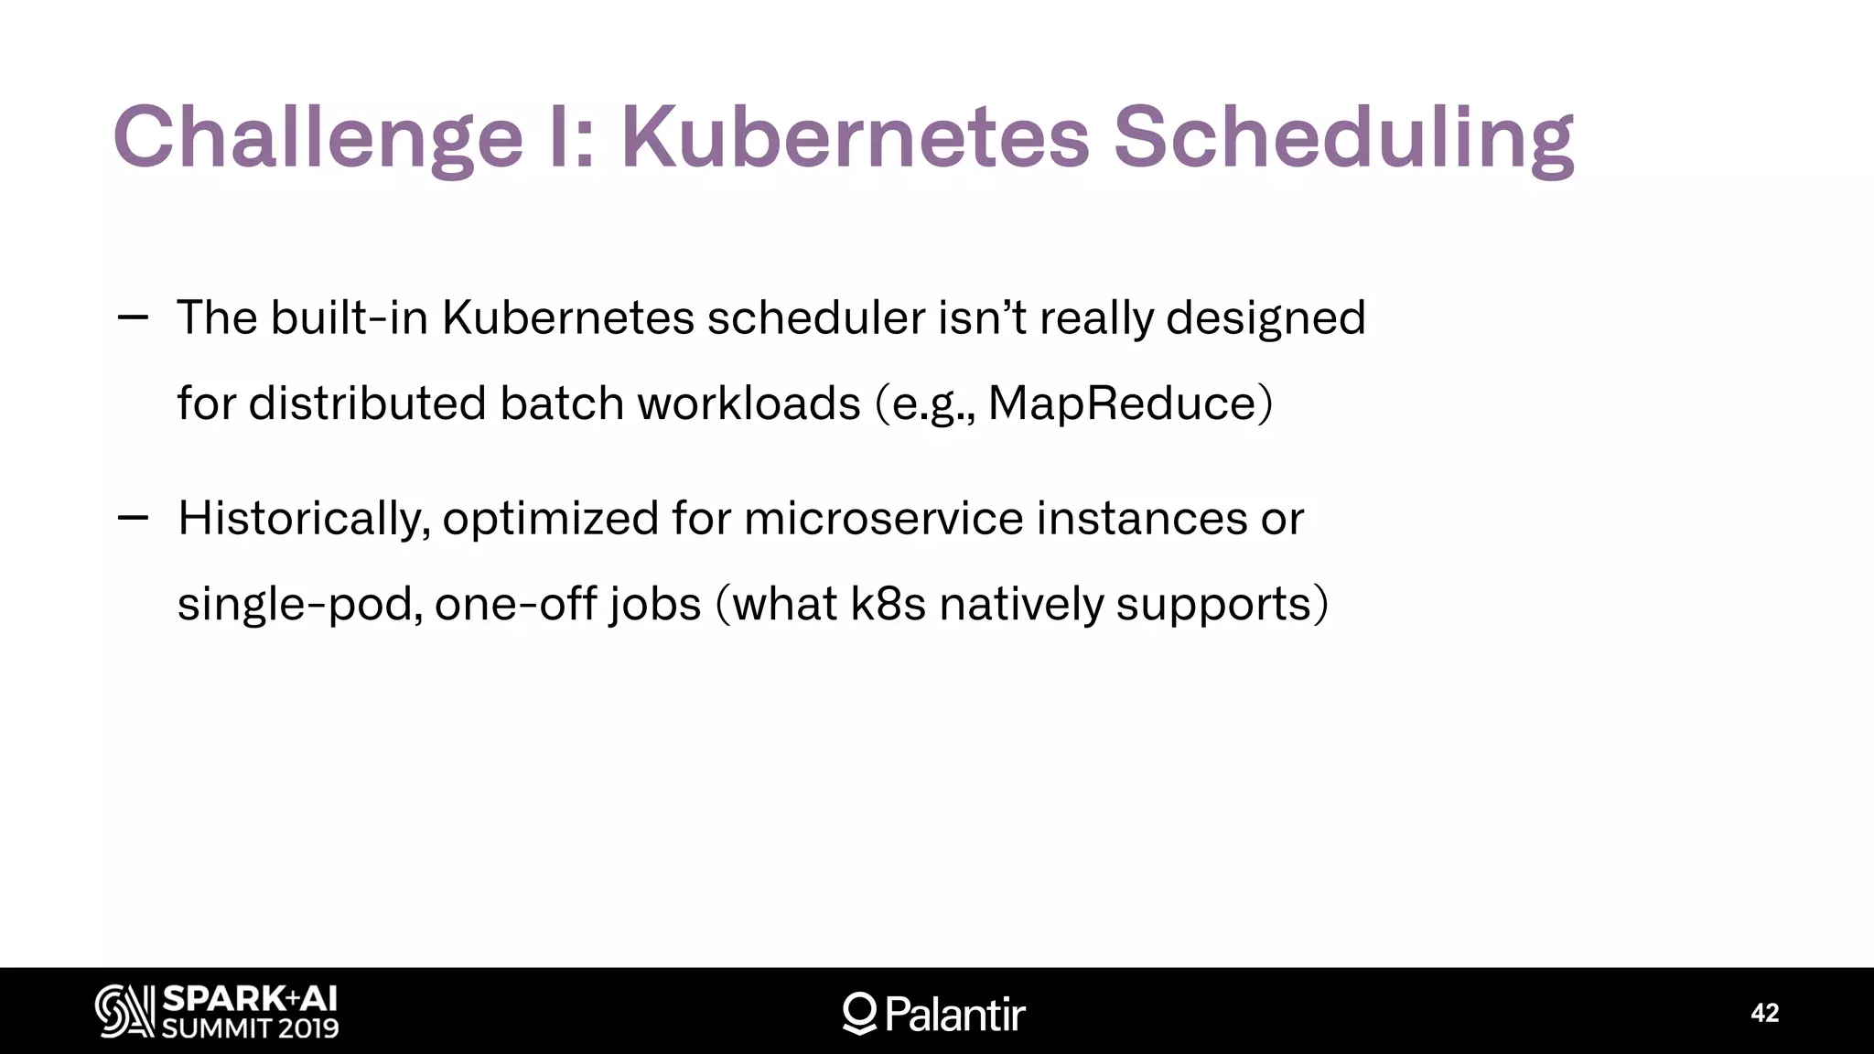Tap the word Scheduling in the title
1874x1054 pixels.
pyautogui.click(x=1342, y=139)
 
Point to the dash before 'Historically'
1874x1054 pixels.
pyautogui.click(x=133, y=518)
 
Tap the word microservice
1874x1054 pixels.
pyautogui.click(x=883, y=519)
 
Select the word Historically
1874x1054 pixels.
pyautogui.click(x=303, y=519)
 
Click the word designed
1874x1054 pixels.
pyautogui.click(x=1265, y=318)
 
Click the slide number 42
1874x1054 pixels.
pyautogui.click(x=1764, y=1013)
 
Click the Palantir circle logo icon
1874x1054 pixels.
pyautogui.click(x=859, y=1013)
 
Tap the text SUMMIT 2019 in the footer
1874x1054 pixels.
pyautogui.click(x=250, y=1028)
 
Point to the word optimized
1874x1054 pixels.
pyautogui.click(x=550, y=519)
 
